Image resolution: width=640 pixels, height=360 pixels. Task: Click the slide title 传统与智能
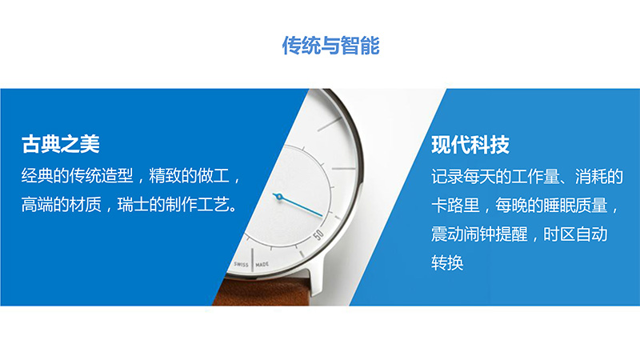click(x=330, y=46)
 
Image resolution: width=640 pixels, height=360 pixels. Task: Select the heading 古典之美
click(x=61, y=144)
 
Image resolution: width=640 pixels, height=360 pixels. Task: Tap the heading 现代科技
click(x=470, y=145)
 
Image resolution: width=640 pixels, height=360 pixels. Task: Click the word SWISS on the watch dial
click(x=241, y=264)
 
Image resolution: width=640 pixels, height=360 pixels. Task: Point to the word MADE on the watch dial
click(x=262, y=265)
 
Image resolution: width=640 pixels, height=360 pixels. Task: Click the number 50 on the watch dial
click(x=318, y=234)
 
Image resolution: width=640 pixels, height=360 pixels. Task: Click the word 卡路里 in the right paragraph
click(x=455, y=206)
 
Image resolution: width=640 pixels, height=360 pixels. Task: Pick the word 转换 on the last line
click(x=447, y=263)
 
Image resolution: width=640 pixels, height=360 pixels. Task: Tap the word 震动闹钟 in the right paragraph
click(x=463, y=234)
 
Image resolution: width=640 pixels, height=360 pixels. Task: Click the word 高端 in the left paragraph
click(x=37, y=205)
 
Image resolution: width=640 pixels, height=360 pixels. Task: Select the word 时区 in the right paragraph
click(x=559, y=234)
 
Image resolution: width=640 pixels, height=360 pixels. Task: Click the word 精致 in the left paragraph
click(x=165, y=176)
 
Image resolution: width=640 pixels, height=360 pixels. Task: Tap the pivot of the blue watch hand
click(x=279, y=197)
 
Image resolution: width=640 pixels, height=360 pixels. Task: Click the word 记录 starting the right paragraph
click(x=447, y=177)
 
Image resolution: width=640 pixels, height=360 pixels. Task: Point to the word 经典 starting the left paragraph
click(x=37, y=176)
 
